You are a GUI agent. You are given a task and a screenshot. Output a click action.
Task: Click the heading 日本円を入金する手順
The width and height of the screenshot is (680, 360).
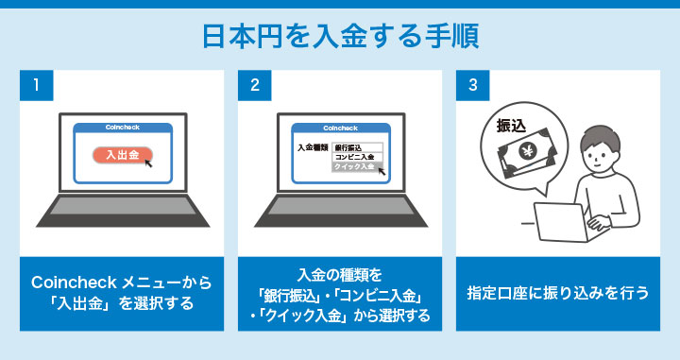(x=340, y=36)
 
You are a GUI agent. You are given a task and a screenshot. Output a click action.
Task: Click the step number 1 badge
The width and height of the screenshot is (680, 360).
(x=35, y=85)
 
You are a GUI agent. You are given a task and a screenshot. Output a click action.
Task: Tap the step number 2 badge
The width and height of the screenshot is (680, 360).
(x=254, y=85)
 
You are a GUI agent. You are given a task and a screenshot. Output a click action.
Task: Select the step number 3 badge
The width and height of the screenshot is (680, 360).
(x=472, y=85)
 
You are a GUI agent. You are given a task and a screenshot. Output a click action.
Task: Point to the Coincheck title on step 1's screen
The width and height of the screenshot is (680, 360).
(x=124, y=128)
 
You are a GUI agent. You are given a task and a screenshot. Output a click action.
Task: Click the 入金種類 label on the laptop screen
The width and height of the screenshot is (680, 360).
(x=312, y=147)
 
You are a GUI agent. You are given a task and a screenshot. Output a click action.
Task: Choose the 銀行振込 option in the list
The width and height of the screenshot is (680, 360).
(x=348, y=147)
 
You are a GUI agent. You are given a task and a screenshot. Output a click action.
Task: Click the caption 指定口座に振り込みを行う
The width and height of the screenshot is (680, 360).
(x=560, y=293)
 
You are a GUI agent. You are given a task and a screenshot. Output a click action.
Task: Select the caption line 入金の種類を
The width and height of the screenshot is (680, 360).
(x=342, y=275)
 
